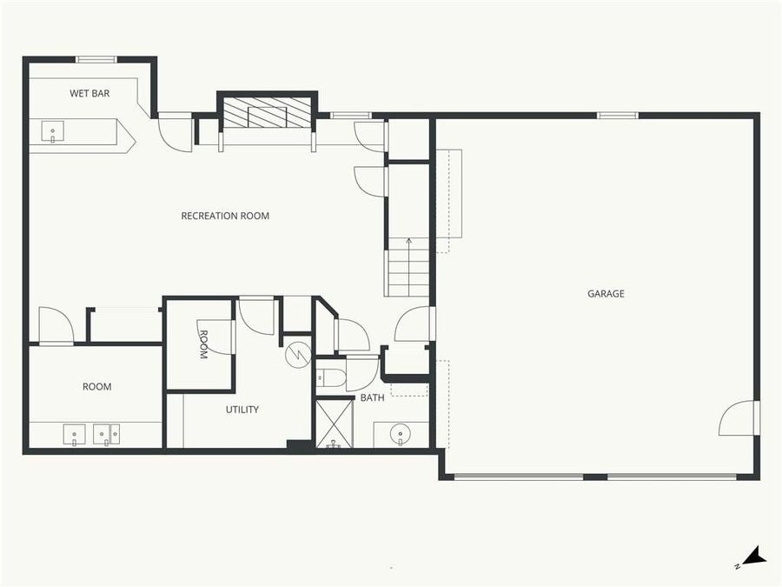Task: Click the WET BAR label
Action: pos(89,93)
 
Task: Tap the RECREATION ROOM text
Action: pos(225,216)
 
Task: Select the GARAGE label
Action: pos(606,294)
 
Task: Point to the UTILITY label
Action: pos(242,410)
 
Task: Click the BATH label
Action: pos(373,398)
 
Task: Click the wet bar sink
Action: pos(53,132)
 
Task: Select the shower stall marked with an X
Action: pos(334,424)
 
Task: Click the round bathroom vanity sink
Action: pos(401,432)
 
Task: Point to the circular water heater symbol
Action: pos(298,353)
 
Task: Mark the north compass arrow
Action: pos(752,557)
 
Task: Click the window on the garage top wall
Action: pos(617,115)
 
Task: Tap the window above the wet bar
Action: pos(96,59)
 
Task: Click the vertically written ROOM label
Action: pos(202,344)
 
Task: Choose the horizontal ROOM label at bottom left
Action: pos(97,387)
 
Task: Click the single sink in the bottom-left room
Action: pos(74,434)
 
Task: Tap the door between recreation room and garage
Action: pos(415,324)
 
